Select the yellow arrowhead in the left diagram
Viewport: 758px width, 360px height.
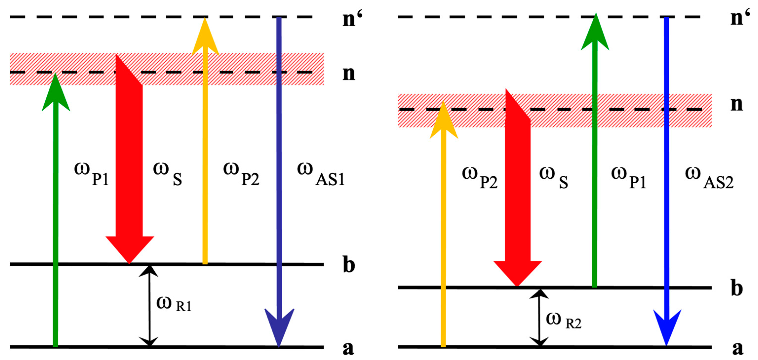pyautogui.click(x=205, y=37)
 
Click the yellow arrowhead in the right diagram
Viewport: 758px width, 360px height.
pyautogui.click(x=444, y=121)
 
